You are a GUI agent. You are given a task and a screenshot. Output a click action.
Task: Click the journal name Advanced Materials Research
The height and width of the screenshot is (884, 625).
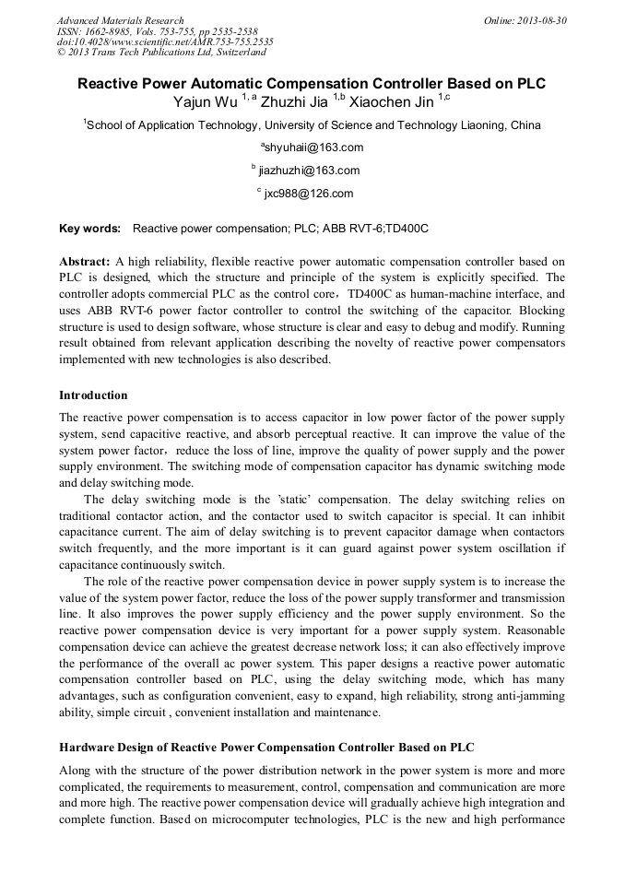click(121, 20)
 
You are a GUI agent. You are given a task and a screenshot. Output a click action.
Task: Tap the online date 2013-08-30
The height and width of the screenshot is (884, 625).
click(541, 20)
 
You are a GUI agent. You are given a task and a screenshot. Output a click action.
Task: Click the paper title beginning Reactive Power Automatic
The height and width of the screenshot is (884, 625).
click(312, 84)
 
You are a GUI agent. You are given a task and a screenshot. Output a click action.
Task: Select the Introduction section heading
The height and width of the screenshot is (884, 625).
click(93, 395)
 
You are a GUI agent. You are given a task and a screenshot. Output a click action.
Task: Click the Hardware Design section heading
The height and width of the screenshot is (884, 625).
click(266, 747)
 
